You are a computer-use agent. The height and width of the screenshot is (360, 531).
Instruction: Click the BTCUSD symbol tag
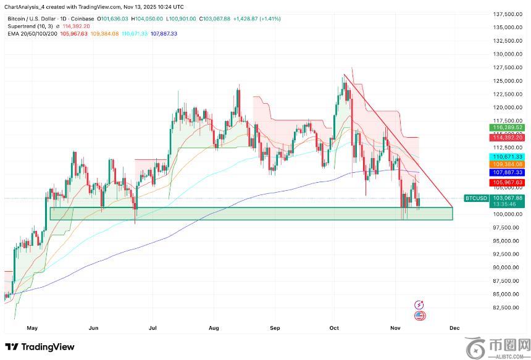click(476, 198)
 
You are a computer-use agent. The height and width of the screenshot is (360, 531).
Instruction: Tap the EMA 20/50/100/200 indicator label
click(32, 33)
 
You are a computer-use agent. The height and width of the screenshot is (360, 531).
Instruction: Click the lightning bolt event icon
click(420, 304)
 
